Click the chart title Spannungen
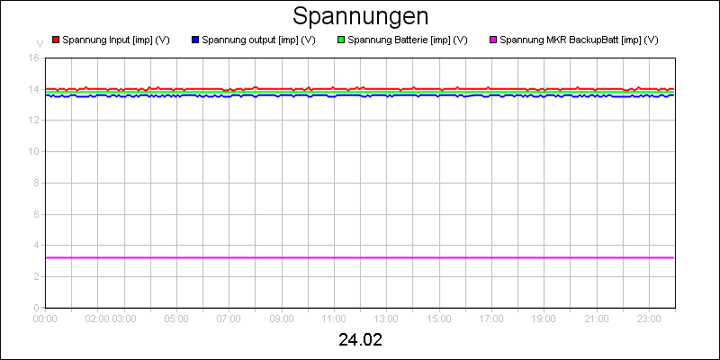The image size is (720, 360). pyautogui.click(x=360, y=16)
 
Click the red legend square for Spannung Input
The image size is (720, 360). pyautogui.click(x=56, y=40)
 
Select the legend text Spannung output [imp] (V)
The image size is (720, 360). pyautogui.click(x=258, y=40)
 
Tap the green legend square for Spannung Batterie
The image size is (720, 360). pyautogui.click(x=341, y=40)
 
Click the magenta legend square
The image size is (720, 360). pyautogui.click(x=493, y=40)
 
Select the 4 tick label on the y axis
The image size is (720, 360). pyautogui.click(x=36, y=245)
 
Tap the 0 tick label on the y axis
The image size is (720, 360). pyautogui.click(x=36, y=307)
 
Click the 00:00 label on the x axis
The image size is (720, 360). pyautogui.click(x=45, y=318)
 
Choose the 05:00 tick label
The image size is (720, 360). pyautogui.click(x=176, y=318)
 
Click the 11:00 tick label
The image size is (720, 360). pyautogui.click(x=334, y=318)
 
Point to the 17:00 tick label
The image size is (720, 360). pyautogui.click(x=491, y=318)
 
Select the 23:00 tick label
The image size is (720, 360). pyautogui.click(x=649, y=318)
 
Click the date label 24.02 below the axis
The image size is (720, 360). pyautogui.click(x=360, y=341)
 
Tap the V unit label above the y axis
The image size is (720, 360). pyautogui.click(x=40, y=43)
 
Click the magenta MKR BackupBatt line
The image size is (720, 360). pyautogui.click(x=360, y=257)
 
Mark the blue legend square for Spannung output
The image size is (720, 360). pyautogui.click(x=195, y=40)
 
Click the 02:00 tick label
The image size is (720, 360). pyautogui.click(x=98, y=318)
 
